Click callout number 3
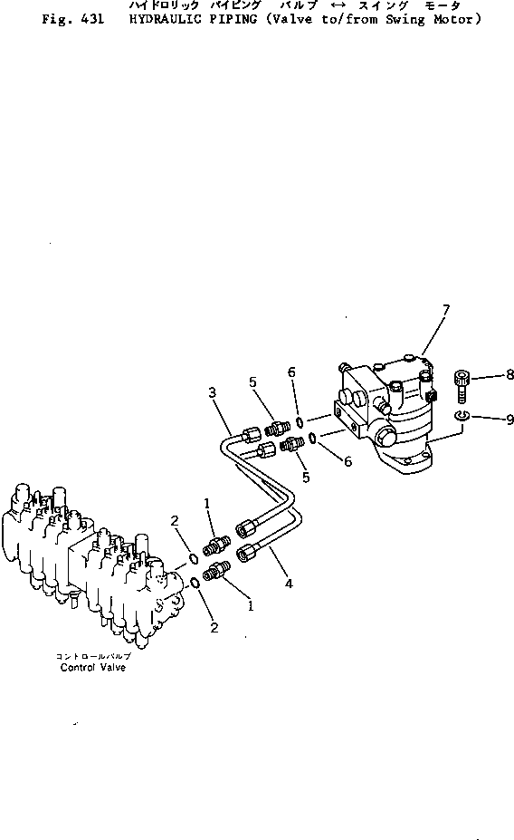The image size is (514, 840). (x=212, y=391)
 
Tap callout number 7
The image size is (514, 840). (x=445, y=311)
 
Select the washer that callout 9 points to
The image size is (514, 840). (x=462, y=415)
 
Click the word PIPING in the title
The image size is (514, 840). (x=222, y=19)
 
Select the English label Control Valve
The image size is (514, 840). (x=93, y=668)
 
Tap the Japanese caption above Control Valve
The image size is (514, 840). (x=93, y=656)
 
